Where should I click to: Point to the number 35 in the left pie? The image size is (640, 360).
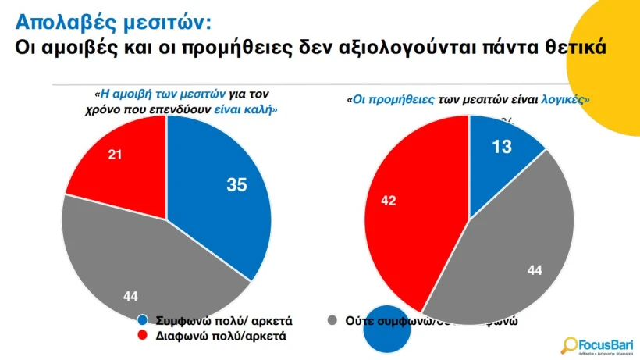tap(236, 185)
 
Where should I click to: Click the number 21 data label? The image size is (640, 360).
tap(116, 155)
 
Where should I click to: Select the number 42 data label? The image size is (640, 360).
tap(388, 201)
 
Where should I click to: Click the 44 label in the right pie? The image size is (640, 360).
tap(535, 270)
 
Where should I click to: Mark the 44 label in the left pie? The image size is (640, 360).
tap(131, 295)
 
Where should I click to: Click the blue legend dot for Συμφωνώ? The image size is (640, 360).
tap(143, 321)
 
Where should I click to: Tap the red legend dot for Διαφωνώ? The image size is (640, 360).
tap(143, 337)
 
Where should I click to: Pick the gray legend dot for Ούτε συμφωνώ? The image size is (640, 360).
tap(333, 321)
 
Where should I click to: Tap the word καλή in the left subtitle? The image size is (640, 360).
tap(261, 111)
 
